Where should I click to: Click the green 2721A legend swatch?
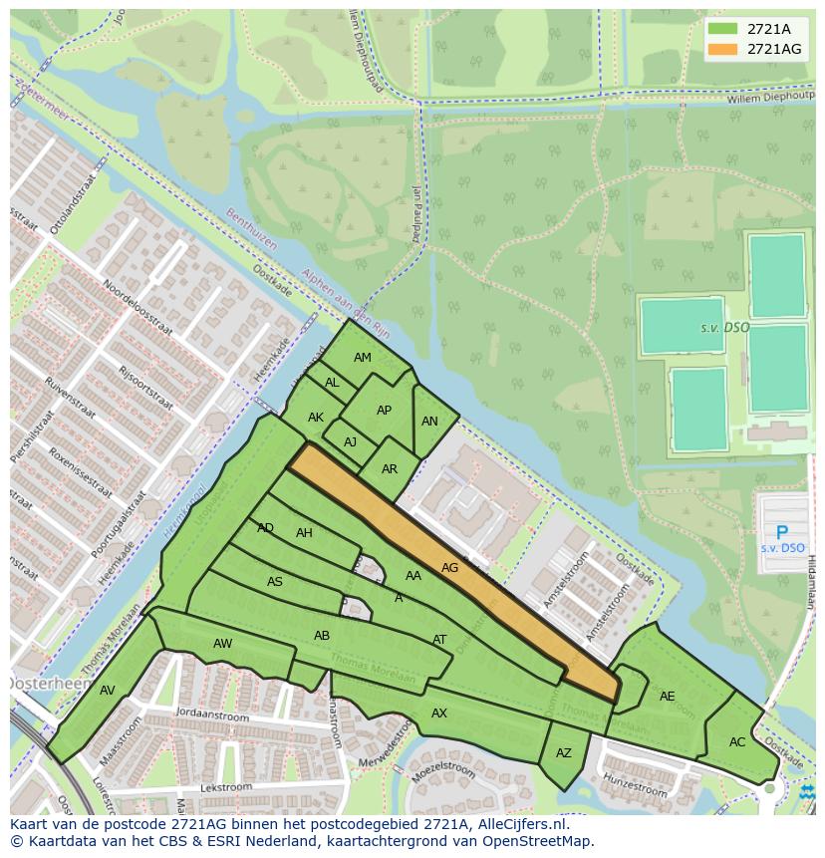tap(722, 29)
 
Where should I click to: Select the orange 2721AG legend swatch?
tap(722, 49)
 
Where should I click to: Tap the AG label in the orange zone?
tap(449, 568)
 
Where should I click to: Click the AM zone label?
tap(363, 358)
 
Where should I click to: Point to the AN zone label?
tap(429, 422)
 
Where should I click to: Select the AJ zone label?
tap(350, 442)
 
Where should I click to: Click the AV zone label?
tap(108, 691)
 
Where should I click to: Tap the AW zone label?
tap(222, 644)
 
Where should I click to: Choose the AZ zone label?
tap(564, 753)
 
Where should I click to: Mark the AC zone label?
tap(737, 742)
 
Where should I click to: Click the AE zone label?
tap(668, 697)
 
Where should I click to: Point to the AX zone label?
tap(439, 714)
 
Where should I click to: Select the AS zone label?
tap(275, 582)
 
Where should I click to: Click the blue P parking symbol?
tap(782, 533)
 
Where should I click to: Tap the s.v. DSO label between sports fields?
tap(724, 328)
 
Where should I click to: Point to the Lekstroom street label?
tap(222, 787)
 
